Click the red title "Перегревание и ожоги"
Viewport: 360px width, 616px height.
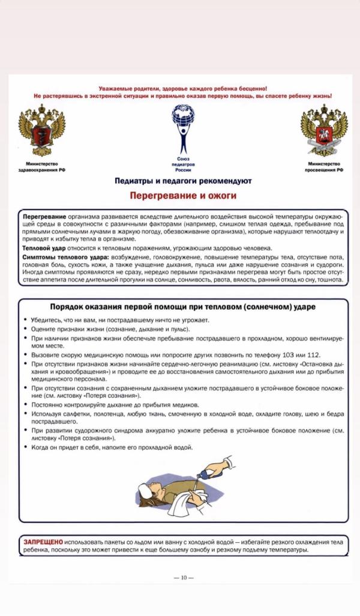[x=184, y=196]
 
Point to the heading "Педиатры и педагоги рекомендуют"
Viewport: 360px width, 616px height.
[x=184, y=181]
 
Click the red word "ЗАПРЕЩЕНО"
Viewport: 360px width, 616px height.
[x=43, y=541]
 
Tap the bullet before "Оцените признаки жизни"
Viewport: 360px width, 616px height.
[x=26, y=330]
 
